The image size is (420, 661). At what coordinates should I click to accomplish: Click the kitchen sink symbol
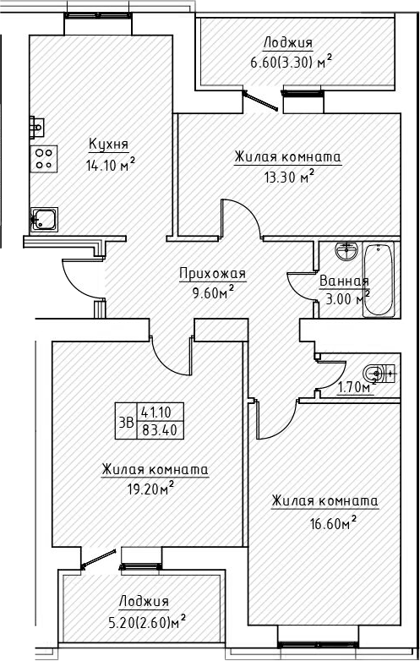pyautogui.click(x=44, y=220)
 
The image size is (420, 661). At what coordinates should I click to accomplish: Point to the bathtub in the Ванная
pyautogui.click(x=379, y=280)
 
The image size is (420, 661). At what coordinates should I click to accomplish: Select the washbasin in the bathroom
pyautogui.click(x=345, y=252)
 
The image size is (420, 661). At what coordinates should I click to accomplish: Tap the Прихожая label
pyautogui.click(x=212, y=272)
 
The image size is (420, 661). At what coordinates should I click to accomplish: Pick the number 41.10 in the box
pyautogui.click(x=156, y=412)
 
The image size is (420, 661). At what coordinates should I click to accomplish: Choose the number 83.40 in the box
pyautogui.click(x=156, y=429)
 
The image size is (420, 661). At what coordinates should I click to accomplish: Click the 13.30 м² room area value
pyautogui.click(x=287, y=176)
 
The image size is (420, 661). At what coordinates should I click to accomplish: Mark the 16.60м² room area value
pyautogui.click(x=326, y=522)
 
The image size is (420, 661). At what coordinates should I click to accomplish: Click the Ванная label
pyautogui.click(x=343, y=281)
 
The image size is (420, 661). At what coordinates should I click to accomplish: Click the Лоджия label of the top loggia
pyautogui.click(x=286, y=43)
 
